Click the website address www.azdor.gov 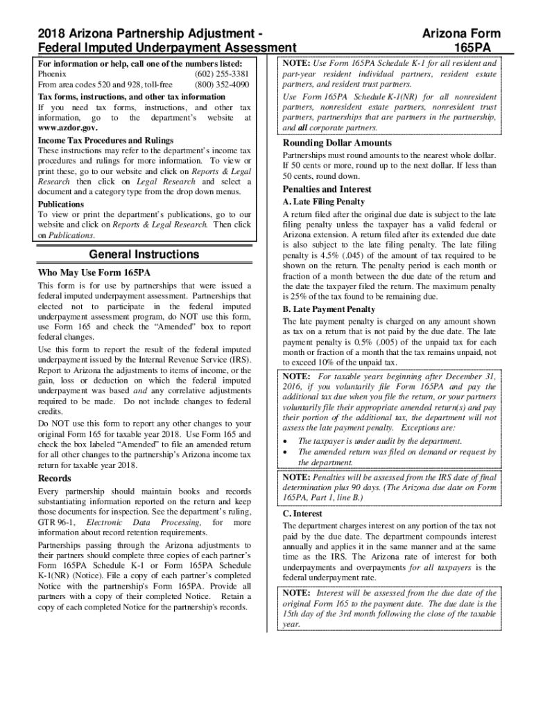pos(67,128)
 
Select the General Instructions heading pos(144,254)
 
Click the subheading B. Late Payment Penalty pos(329,309)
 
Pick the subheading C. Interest pos(302,514)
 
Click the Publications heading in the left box pos(60,205)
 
